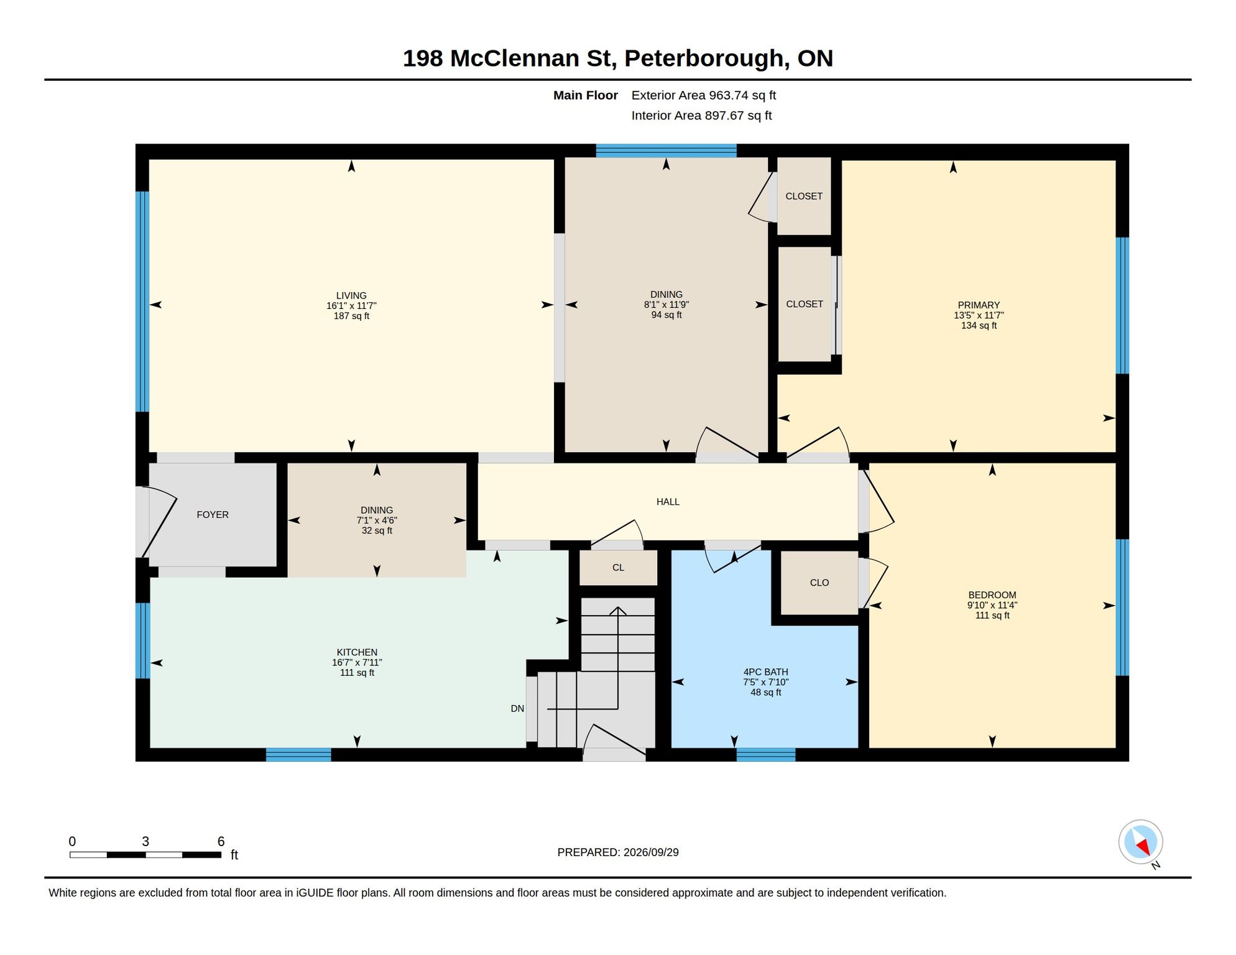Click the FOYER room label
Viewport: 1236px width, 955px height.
[213, 515]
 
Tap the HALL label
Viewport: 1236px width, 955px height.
[668, 502]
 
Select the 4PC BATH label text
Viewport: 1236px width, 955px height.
[765, 672]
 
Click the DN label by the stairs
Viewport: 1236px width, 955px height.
[517, 709]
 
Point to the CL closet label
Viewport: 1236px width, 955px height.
[618, 568]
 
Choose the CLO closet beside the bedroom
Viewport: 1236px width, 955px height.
[819, 583]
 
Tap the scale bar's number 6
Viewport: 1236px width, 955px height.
[221, 841]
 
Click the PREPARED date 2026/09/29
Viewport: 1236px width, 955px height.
[651, 852]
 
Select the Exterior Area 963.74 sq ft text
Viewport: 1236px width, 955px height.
[704, 95]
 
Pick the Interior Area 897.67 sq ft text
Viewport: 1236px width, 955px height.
[701, 116]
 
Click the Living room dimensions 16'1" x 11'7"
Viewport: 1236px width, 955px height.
[351, 306]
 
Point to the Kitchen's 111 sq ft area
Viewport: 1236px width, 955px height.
[357, 673]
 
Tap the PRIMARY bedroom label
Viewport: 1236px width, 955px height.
[979, 305]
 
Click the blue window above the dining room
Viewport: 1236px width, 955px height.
[666, 150]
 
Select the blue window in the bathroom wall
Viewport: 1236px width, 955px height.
[765, 755]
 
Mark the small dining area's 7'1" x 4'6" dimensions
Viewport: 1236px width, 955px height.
[377, 520]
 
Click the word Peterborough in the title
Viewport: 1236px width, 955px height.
[707, 58]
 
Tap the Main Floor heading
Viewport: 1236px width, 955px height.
[585, 95]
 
